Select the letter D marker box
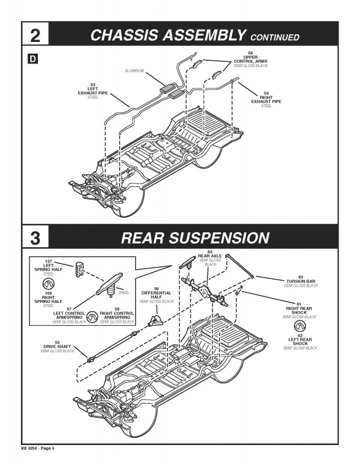pyautogui.click(x=32, y=59)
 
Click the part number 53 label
pyautogui.click(x=93, y=84)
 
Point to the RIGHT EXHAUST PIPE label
pyautogui.click(x=266, y=100)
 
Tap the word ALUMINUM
pyautogui.click(x=135, y=71)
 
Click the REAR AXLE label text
pyautogui.click(x=210, y=256)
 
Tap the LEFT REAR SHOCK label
pyautogui.click(x=300, y=341)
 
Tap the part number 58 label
pyautogui.click(x=117, y=309)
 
